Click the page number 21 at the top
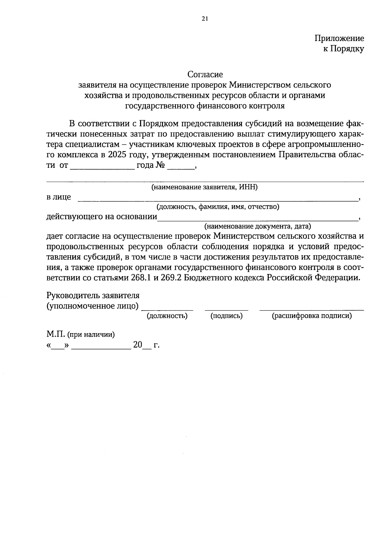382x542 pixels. click(x=205, y=19)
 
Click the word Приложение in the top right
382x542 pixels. click(x=339, y=38)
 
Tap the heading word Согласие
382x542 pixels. click(x=205, y=74)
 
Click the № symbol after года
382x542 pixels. click(x=160, y=165)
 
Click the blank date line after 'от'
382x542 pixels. click(x=102, y=167)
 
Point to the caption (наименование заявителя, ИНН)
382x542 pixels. click(x=204, y=187)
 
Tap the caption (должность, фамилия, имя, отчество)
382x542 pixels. click(x=217, y=207)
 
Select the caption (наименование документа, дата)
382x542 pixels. click(x=257, y=226)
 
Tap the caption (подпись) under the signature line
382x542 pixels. click(x=226, y=316)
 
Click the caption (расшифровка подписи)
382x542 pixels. click(x=312, y=316)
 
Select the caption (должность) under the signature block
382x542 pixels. click(x=167, y=316)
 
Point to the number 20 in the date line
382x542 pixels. click(x=138, y=345)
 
